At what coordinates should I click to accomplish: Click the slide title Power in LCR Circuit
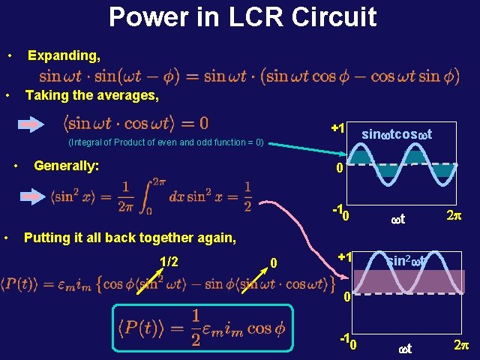click(x=242, y=17)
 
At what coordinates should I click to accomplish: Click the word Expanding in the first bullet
click(x=64, y=55)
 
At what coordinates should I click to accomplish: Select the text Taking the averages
click(x=91, y=95)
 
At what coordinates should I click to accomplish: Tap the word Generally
click(x=67, y=165)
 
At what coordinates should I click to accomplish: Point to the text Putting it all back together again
click(x=130, y=238)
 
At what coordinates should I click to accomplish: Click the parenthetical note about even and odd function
click(x=165, y=142)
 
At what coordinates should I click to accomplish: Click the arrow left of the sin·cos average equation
click(x=31, y=124)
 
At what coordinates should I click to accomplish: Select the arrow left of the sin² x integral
click(x=31, y=196)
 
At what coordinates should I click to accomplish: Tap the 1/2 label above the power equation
click(x=169, y=262)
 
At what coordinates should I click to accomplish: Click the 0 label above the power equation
click(x=274, y=262)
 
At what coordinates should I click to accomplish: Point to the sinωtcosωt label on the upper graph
click(x=397, y=133)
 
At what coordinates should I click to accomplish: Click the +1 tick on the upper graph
click(x=337, y=129)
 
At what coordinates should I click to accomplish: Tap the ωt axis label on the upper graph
click(x=398, y=220)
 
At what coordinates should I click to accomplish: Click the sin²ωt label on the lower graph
click(x=406, y=261)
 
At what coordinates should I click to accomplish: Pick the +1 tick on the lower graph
click(x=345, y=257)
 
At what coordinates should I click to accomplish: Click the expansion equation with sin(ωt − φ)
click(x=249, y=75)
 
